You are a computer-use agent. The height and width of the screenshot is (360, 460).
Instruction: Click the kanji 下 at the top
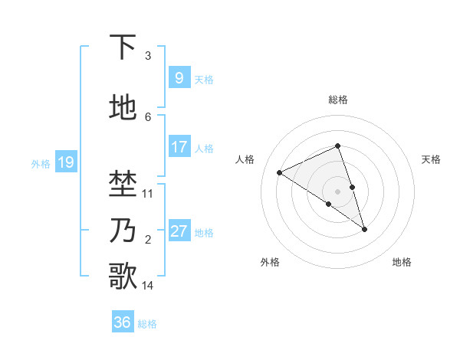pyautogui.click(x=123, y=48)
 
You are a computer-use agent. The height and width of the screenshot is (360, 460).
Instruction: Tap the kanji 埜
pyautogui.click(x=123, y=185)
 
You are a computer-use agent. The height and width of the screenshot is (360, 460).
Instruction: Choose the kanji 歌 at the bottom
pyautogui.click(x=123, y=277)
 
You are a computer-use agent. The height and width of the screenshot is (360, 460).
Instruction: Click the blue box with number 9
pyautogui.click(x=179, y=77)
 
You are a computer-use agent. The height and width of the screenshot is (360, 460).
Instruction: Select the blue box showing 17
pyautogui.click(x=179, y=146)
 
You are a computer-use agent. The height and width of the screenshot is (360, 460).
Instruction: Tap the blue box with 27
pyautogui.click(x=179, y=231)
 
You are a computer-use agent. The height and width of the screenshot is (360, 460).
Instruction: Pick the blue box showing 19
pyautogui.click(x=65, y=162)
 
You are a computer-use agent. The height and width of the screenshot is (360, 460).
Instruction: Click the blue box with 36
pyautogui.click(x=123, y=322)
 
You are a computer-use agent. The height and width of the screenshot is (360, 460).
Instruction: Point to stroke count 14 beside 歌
pyautogui.click(x=148, y=286)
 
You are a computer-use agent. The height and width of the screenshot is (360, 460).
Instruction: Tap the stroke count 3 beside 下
pyautogui.click(x=148, y=56)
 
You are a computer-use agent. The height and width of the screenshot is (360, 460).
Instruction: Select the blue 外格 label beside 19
pyautogui.click(x=41, y=163)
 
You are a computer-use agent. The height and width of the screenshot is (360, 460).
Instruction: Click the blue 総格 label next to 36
pyautogui.click(x=147, y=324)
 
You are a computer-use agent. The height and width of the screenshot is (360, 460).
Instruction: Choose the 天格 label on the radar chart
pyautogui.click(x=432, y=159)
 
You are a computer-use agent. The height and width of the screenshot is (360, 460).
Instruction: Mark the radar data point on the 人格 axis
pyautogui.click(x=280, y=173)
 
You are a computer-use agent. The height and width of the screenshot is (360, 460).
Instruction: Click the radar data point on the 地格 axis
pyautogui.click(x=364, y=229)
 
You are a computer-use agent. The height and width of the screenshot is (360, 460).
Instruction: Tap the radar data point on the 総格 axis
pyautogui.click(x=338, y=146)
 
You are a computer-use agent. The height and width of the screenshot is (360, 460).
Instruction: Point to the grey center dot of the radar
pyautogui.click(x=338, y=191)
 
